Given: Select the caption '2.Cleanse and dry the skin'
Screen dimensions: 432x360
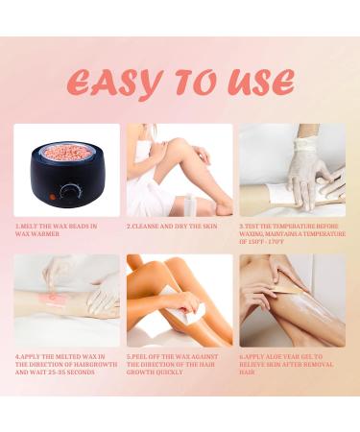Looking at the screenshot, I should [172, 227].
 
